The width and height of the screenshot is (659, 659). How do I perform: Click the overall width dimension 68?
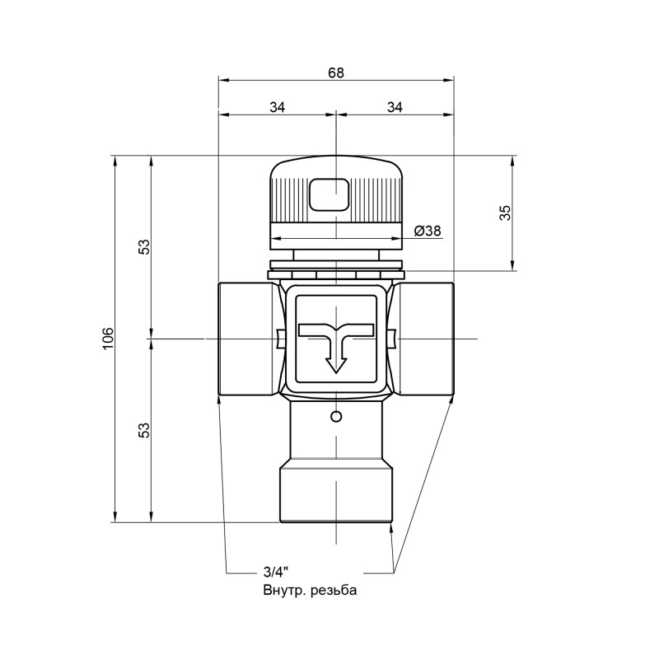coord(335,72)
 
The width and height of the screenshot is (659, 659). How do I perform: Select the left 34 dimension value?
coord(278,106)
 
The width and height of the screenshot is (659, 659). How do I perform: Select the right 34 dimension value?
coord(395,106)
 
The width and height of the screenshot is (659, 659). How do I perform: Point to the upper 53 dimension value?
coord(143,246)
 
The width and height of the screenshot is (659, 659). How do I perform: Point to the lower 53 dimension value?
coord(143,429)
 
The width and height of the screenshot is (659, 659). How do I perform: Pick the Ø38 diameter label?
coord(427,231)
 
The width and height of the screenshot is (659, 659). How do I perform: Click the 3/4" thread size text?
coord(276,572)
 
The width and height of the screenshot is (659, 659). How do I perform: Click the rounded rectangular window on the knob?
coord(329,195)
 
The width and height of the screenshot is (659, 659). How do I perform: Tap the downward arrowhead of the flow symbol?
coord(334,363)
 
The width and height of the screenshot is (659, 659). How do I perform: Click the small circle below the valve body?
coord(334,416)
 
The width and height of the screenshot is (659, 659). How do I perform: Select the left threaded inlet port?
coord(245,338)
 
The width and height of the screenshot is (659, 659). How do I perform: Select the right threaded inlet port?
coord(425,338)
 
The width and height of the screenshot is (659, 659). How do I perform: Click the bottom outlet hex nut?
coord(335,494)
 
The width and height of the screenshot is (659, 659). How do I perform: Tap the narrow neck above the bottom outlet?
coord(335,432)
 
